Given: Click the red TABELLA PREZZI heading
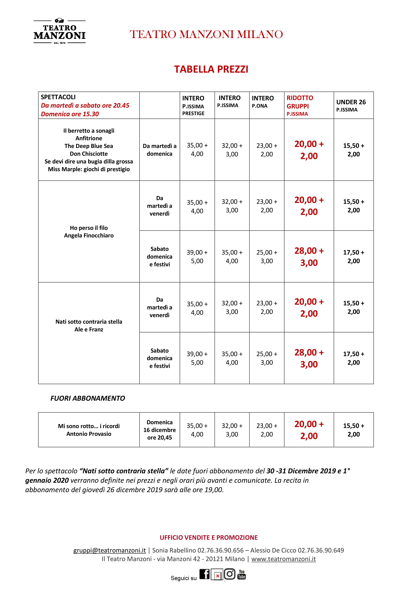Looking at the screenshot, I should tap(211, 69).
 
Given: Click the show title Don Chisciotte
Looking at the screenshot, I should tap(89, 154).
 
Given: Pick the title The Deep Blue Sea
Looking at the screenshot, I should tap(89, 146).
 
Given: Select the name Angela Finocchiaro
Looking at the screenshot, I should tap(89, 235).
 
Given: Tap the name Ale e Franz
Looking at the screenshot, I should tap(89, 329).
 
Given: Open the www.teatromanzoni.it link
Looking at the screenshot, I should tap(283, 559).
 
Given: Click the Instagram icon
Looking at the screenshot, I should tap(230, 574).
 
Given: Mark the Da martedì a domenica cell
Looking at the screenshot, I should tap(160, 150).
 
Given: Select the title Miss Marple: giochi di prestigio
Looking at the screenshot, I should tap(89, 169).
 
